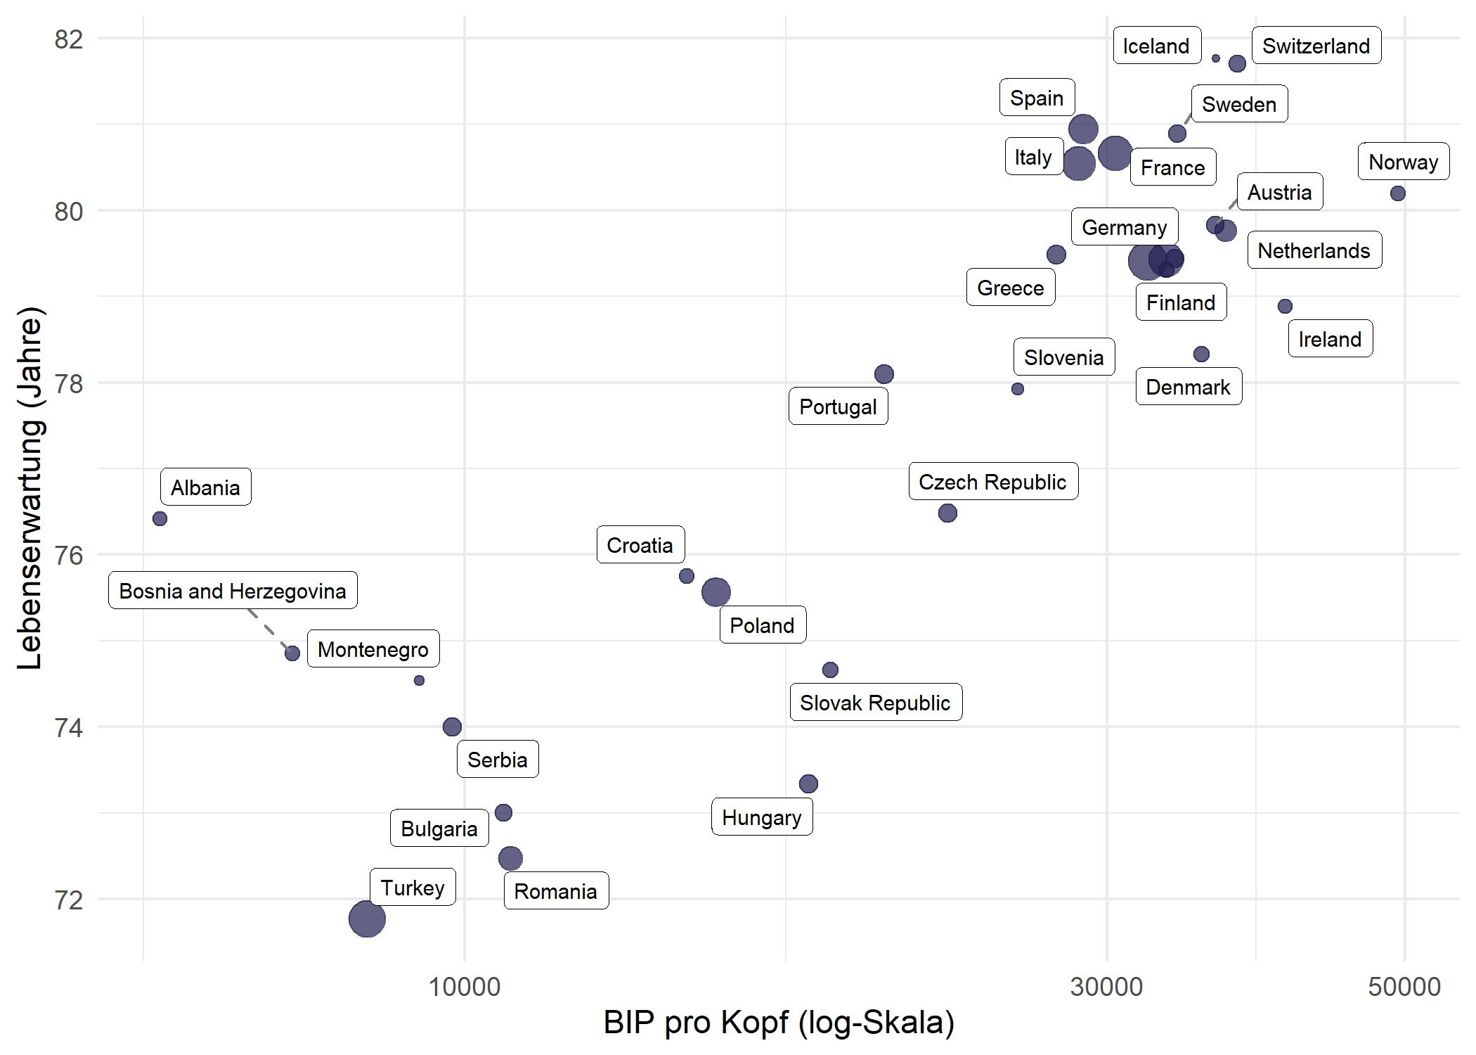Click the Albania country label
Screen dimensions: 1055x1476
coord(205,487)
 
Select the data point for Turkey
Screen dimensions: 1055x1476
coord(367,919)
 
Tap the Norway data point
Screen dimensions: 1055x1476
coord(1397,193)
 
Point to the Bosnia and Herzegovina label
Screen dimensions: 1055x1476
coord(233,590)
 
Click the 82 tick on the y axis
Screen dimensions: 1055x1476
coord(69,39)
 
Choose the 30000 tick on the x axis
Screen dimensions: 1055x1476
coord(1106,987)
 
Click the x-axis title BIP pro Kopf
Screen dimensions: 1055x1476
coord(779,1022)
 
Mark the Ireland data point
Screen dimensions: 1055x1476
coord(1285,306)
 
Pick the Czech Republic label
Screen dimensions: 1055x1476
coord(992,482)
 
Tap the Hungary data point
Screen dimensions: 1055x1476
coord(808,784)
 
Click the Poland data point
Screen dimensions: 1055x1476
coord(716,592)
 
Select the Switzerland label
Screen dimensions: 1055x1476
coord(1316,46)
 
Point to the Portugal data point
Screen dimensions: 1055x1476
coord(884,374)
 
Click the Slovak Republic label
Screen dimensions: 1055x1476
coord(875,702)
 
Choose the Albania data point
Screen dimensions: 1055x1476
coord(160,519)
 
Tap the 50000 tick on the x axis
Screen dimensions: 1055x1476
coord(1404,987)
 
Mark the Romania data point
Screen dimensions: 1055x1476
coord(510,858)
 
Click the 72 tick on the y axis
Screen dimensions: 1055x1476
coord(69,900)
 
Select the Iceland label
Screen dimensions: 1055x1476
coord(1156,46)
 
